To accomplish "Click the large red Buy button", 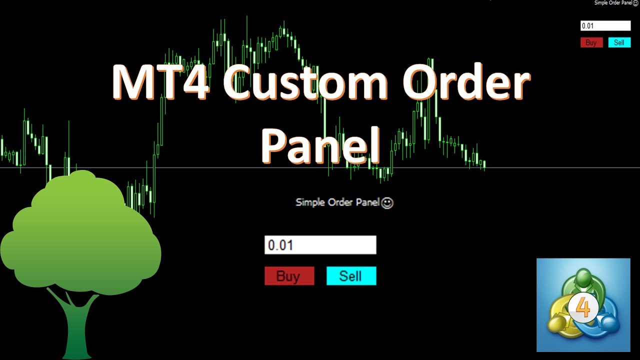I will pos(289,276).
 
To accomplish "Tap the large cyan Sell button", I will pos(351,276).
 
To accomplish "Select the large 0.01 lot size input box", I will pos(320,245).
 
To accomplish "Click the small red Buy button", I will pos(591,42).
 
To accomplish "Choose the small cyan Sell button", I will pos(619,42).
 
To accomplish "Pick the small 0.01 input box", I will pos(605,26).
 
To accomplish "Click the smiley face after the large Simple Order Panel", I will pos(387,202).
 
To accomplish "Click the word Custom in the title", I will pos(305,81).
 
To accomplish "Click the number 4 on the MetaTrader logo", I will pos(583,308).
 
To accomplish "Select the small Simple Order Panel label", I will pos(612,3).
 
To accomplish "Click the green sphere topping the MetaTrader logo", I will pos(583,278).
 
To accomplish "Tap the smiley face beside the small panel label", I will pos(635,3).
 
